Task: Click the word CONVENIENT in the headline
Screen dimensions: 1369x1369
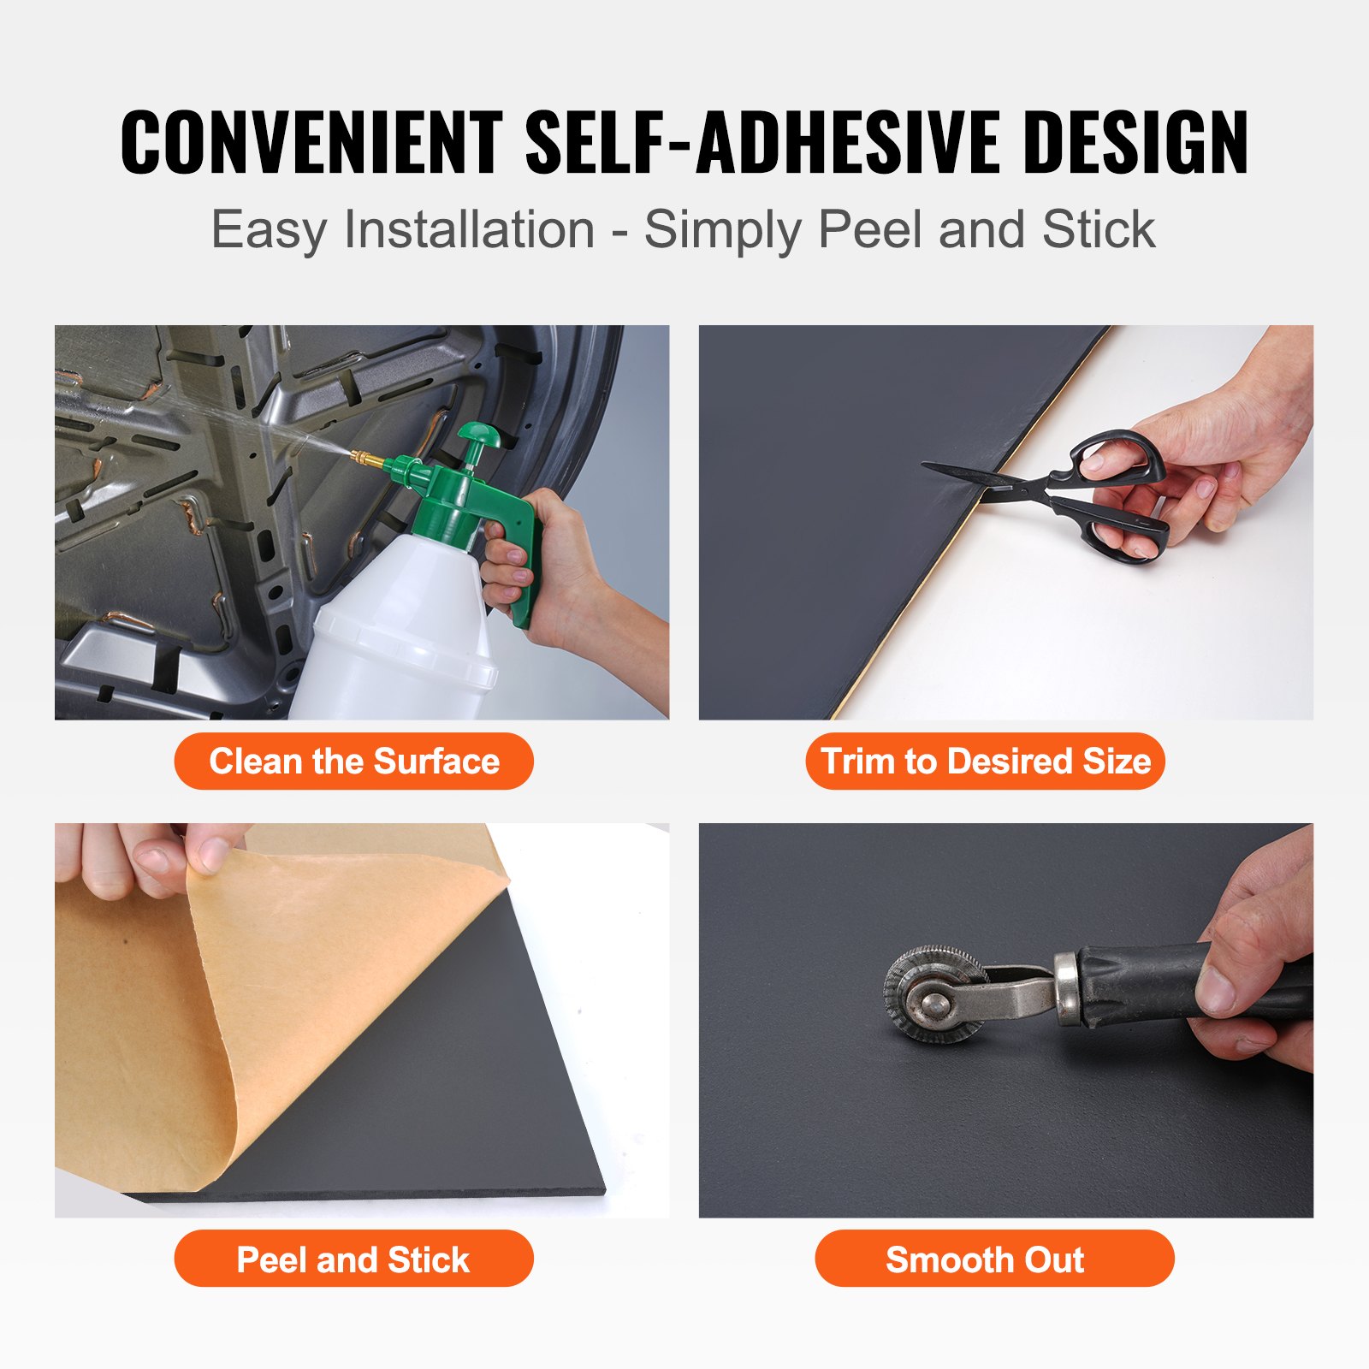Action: coord(311,142)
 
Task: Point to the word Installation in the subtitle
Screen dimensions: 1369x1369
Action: coord(469,230)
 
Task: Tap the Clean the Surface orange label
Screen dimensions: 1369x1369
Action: coord(353,762)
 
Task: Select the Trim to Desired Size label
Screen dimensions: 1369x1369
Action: coord(985,762)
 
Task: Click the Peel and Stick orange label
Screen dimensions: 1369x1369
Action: coord(353,1259)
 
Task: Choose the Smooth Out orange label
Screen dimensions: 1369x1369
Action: coord(993,1259)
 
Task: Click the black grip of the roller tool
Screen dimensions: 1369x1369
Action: coord(1147,984)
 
